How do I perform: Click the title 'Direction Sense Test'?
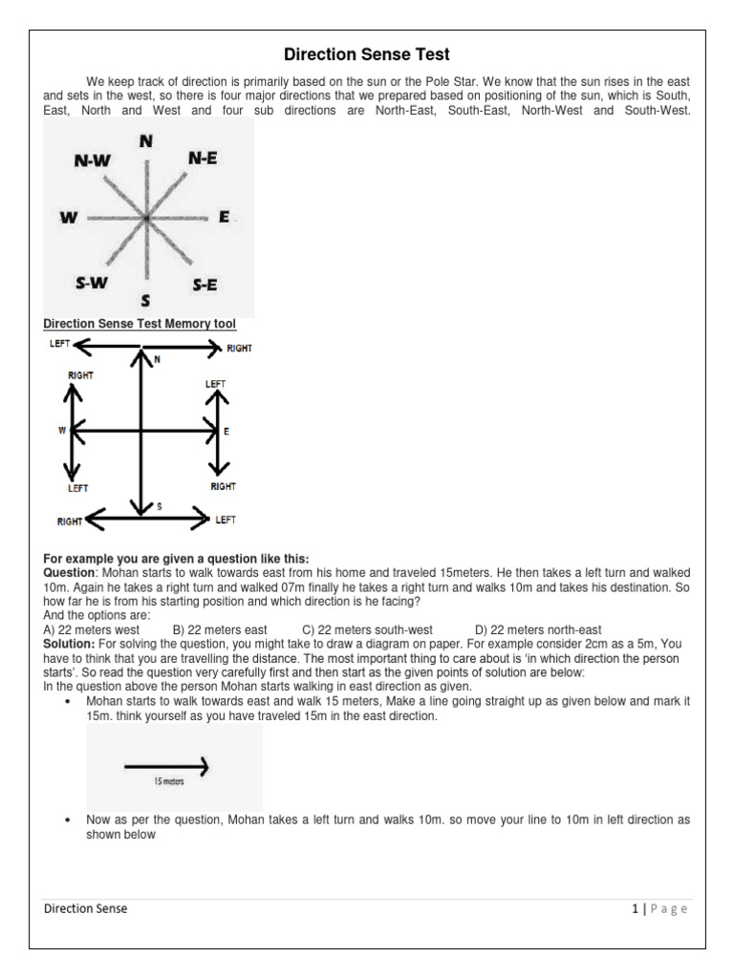coord(366,54)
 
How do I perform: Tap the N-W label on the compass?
coord(93,161)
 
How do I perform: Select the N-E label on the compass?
coord(203,159)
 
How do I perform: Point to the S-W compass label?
coord(92,282)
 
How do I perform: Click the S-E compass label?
coord(205,284)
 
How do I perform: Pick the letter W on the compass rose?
coord(68,218)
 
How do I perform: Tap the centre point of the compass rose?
coord(146,219)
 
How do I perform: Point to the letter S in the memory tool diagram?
coord(159,507)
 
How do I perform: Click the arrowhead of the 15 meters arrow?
coord(202,765)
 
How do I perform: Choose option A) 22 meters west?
coord(92,630)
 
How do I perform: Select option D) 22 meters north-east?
coord(538,630)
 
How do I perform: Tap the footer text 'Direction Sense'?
coord(85,909)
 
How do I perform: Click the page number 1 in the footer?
coord(635,909)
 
